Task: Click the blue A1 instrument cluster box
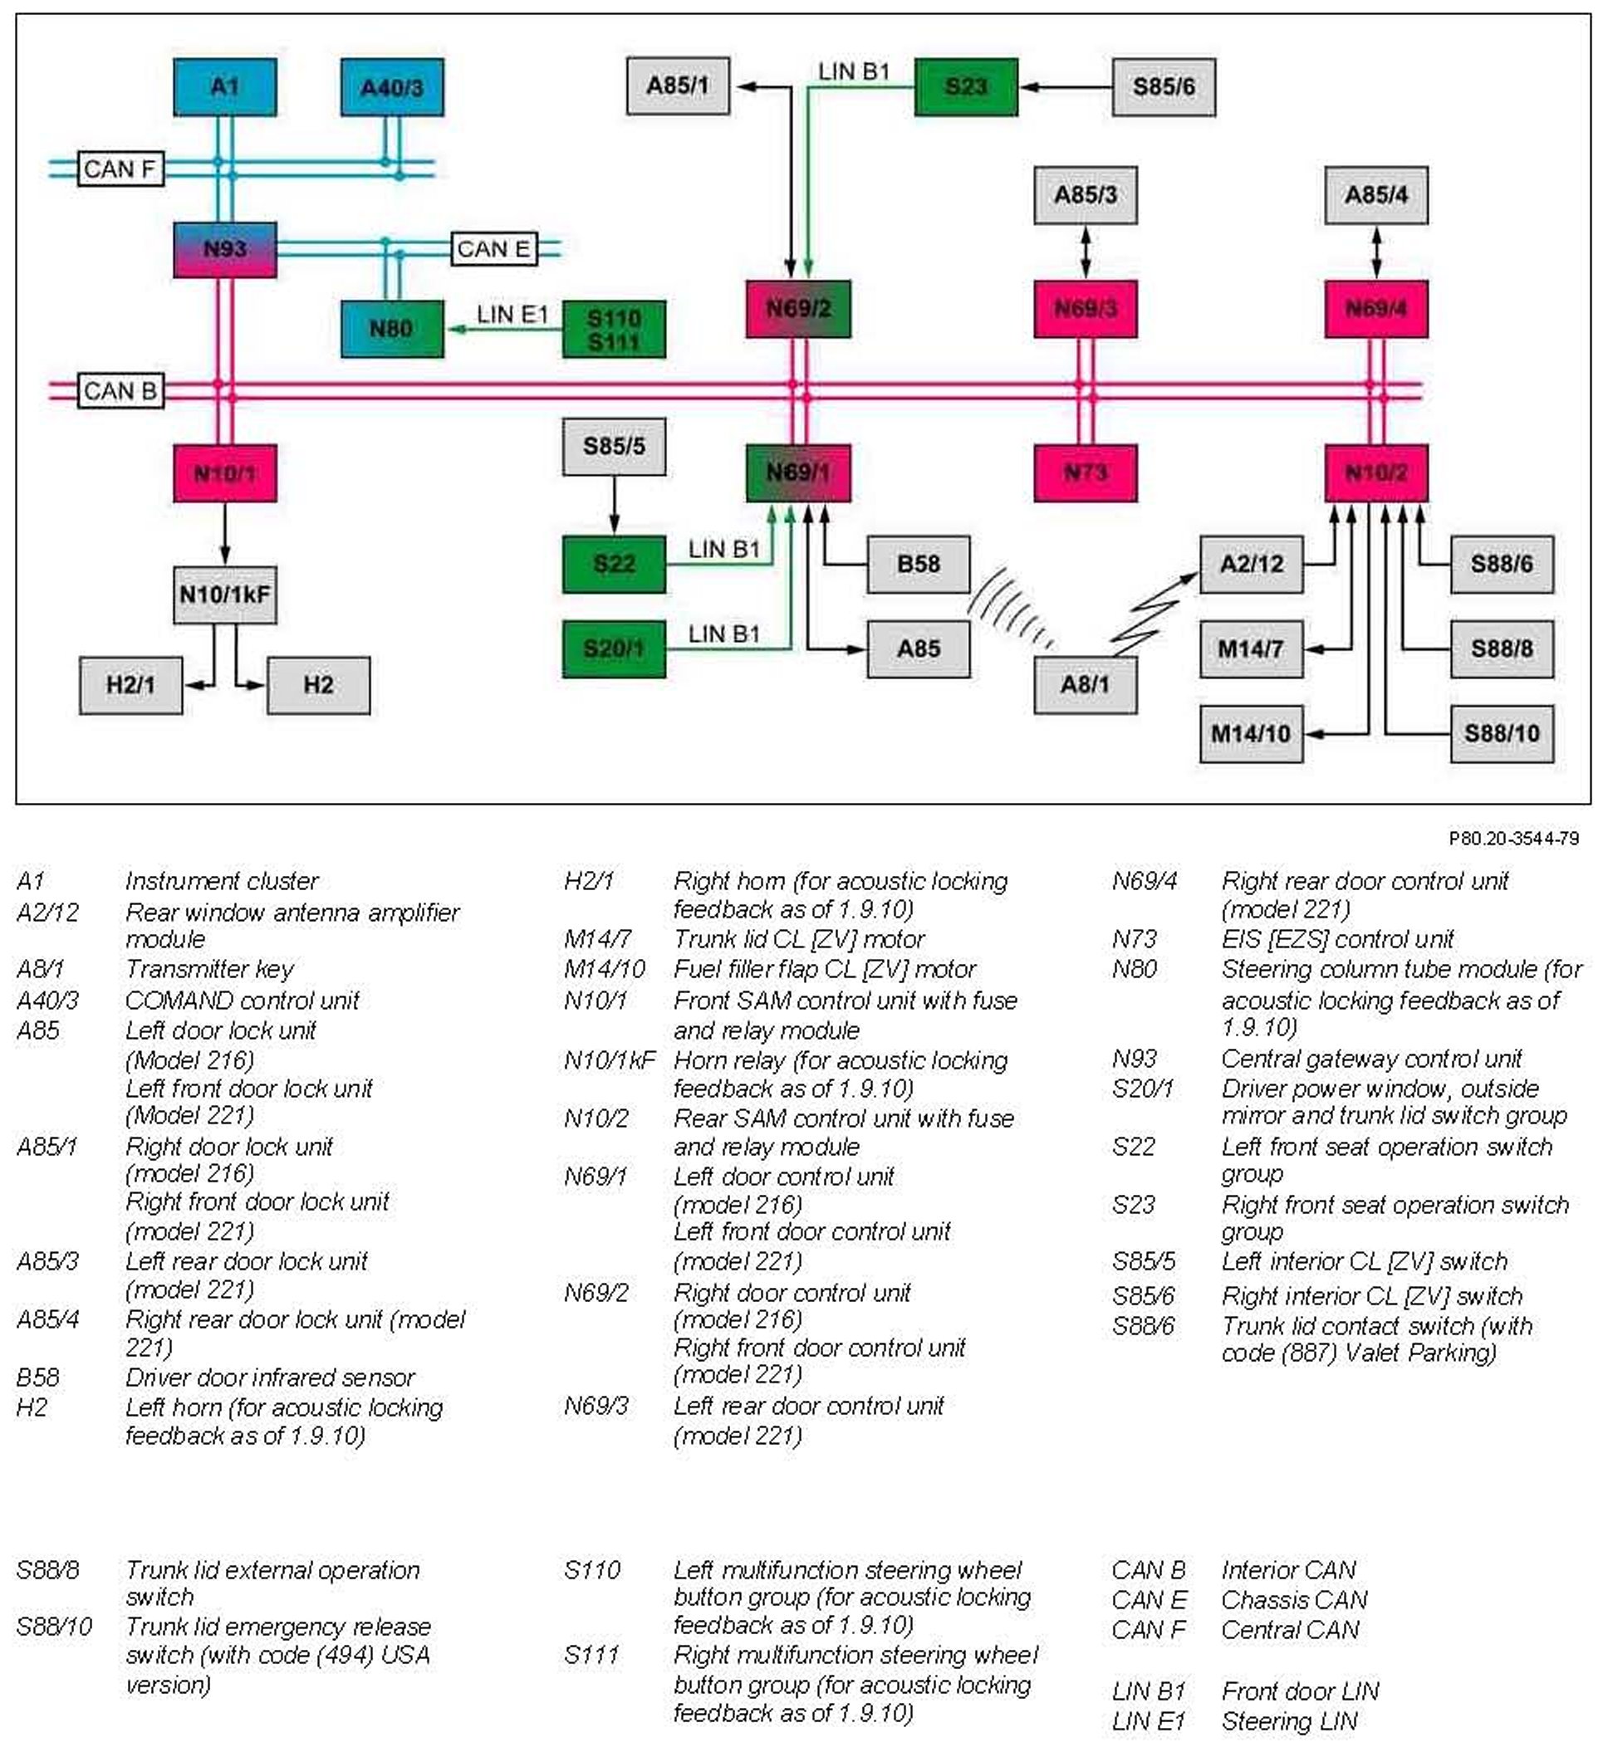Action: pyautogui.click(x=225, y=87)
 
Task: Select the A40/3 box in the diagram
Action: pyautogui.click(x=391, y=87)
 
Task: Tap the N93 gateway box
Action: pyautogui.click(x=225, y=250)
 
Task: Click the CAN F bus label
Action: pyautogui.click(x=120, y=169)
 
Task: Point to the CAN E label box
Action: pyautogui.click(x=493, y=249)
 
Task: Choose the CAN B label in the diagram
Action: pyautogui.click(x=120, y=390)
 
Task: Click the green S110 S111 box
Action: pyautogui.click(x=614, y=330)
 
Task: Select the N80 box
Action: pyautogui.click(x=391, y=330)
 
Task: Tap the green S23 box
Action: pyautogui.click(x=966, y=87)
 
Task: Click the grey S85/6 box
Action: pyautogui.click(x=1164, y=87)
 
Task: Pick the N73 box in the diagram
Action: pyautogui.click(x=1085, y=473)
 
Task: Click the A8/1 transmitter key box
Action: pyautogui.click(x=1085, y=685)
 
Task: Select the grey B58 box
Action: pyautogui.click(x=918, y=565)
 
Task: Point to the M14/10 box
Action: pyautogui.click(x=1251, y=734)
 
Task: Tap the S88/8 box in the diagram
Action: pyautogui.click(x=1502, y=649)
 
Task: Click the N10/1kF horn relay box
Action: pyautogui.click(x=225, y=595)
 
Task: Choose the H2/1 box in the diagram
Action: pyautogui.click(x=130, y=685)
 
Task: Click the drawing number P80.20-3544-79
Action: pyautogui.click(x=1514, y=839)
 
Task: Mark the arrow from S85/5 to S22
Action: pyautogui.click(x=615, y=505)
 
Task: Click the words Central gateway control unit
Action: pyautogui.click(x=1371, y=1059)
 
